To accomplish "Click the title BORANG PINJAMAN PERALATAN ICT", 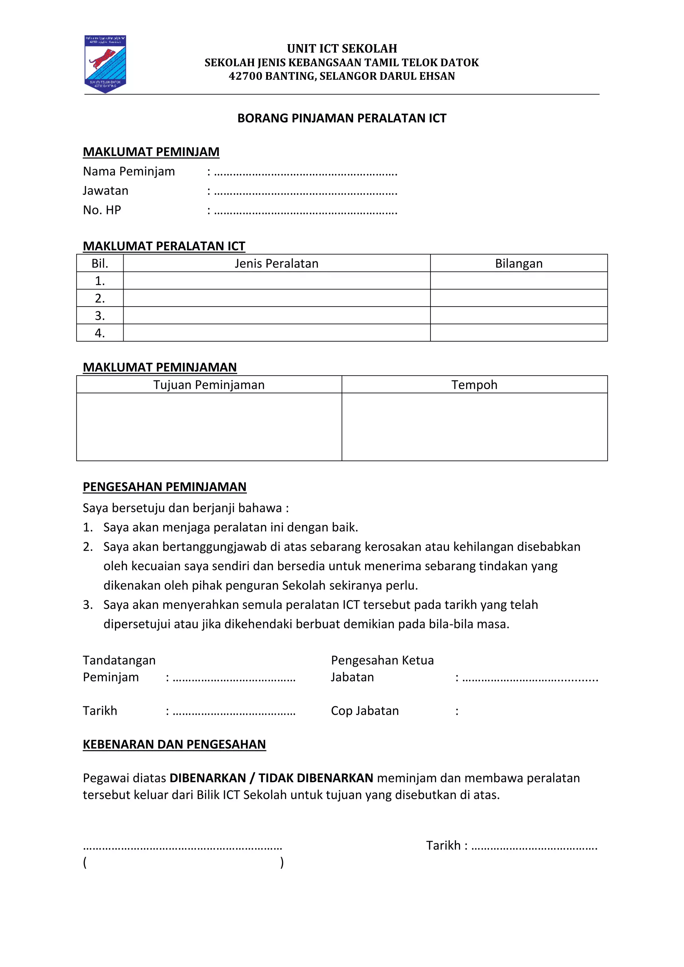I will tap(342, 118).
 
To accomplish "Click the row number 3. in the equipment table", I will tap(100, 316).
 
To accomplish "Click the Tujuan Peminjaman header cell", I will tap(209, 385).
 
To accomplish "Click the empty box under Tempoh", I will tap(474, 427).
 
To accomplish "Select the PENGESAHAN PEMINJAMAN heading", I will tap(164, 487).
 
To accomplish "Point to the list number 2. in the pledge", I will tap(88, 547).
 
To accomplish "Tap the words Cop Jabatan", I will tap(365, 711).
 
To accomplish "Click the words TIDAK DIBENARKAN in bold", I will tap(316, 778).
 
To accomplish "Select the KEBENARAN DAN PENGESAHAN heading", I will tap(174, 745).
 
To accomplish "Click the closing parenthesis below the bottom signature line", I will tap(282, 862).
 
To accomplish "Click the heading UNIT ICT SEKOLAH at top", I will tap(342, 48).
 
